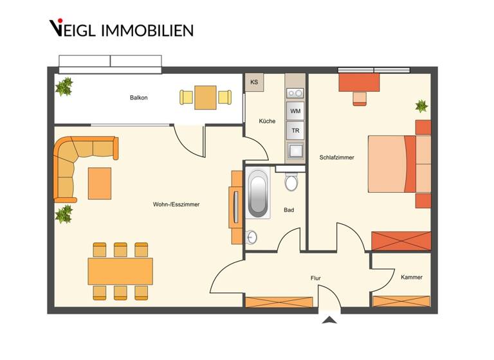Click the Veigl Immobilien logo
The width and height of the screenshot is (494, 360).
(121, 28)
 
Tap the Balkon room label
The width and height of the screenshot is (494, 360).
(138, 98)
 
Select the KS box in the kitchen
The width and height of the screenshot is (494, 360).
(253, 82)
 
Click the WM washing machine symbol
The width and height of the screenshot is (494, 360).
(295, 111)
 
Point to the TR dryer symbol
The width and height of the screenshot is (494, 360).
(295, 130)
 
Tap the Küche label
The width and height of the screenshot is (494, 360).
(267, 121)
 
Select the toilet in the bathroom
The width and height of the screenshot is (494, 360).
(291, 181)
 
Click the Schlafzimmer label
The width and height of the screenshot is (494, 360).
(336, 157)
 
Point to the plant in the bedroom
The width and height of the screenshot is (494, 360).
(421, 105)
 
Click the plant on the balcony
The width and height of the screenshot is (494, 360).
(64, 86)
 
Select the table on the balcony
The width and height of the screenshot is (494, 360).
(205, 97)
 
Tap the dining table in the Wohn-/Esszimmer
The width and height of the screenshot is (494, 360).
(120, 271)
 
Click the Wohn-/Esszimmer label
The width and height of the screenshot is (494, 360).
(176, 204)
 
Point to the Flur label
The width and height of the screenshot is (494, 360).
(315, 278)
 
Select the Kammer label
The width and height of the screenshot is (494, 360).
(411, 277)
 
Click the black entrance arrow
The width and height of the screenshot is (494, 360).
(329, 319)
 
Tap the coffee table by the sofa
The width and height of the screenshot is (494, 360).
(100, 183)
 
